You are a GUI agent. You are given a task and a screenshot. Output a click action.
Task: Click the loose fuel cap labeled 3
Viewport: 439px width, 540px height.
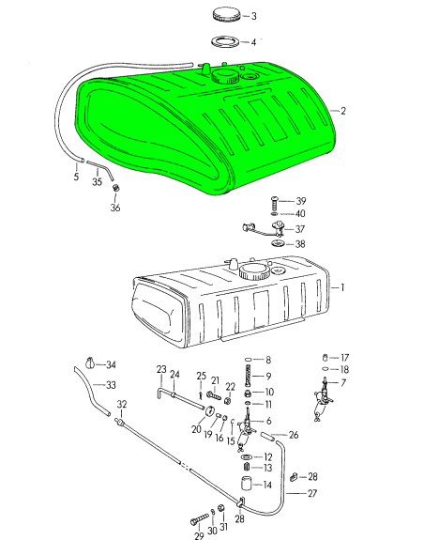pos(226,15)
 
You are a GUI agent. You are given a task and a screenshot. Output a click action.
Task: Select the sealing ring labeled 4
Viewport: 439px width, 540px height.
pos(225,41)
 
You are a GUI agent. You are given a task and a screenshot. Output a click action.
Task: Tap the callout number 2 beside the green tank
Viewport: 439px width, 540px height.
pos(343,111)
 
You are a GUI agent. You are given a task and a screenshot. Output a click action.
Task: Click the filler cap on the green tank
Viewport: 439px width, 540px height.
pos(226,76)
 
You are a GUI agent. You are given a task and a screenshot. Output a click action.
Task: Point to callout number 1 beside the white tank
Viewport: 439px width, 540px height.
pos(342,287)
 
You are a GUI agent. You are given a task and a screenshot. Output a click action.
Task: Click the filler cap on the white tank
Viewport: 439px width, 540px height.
pos(254,271)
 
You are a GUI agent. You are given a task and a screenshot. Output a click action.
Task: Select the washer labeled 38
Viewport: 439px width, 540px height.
pos(278,244)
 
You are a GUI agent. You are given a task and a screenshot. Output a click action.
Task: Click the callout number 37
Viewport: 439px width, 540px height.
pos(300,229)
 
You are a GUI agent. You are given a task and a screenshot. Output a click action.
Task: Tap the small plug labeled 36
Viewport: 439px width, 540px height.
pos(116,188)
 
